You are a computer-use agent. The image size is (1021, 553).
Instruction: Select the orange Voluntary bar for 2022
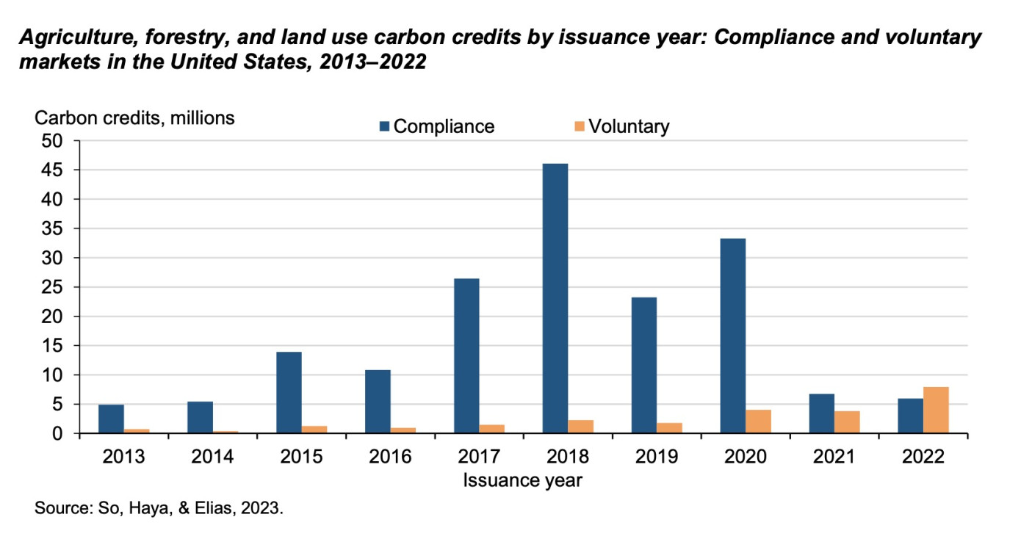(936, 410)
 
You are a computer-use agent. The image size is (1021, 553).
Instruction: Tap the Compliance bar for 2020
(732, 336)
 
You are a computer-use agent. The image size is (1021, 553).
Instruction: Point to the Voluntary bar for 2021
(847, 422)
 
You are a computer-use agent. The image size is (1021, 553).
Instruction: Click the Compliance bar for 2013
(111, 419)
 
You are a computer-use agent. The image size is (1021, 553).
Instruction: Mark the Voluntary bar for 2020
(758, 422)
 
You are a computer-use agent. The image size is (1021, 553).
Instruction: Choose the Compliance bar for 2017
(466, 355)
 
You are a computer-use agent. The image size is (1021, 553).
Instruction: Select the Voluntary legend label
(629, 126)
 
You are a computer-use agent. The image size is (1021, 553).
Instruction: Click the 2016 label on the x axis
(390, 457)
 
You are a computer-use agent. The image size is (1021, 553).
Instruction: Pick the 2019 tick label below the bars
(656, 457)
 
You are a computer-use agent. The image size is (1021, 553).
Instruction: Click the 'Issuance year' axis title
(522, 480)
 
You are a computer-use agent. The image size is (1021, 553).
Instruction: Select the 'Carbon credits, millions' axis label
(135, 117)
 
